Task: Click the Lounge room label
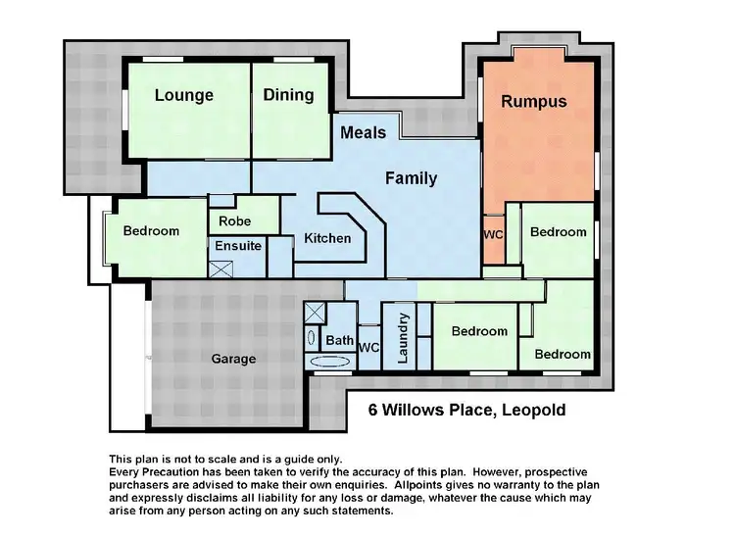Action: coord(184,95)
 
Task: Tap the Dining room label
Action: coord(288,94)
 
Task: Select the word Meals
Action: coord(363,131)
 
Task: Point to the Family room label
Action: coord(411,178)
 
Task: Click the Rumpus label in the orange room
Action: coord(533,101)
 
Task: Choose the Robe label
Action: coord(235,221)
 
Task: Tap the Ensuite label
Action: coord(238,245)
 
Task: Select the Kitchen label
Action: coord(327,238)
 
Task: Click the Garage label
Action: coord(233,359)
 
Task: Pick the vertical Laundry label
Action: coord(402,337)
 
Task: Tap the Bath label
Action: coord(339,341)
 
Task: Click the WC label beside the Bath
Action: coord(369,347)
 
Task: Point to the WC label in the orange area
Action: coord(493,235)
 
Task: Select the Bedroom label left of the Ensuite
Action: coord(151,231)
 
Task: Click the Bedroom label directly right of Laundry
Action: coord(479,331)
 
